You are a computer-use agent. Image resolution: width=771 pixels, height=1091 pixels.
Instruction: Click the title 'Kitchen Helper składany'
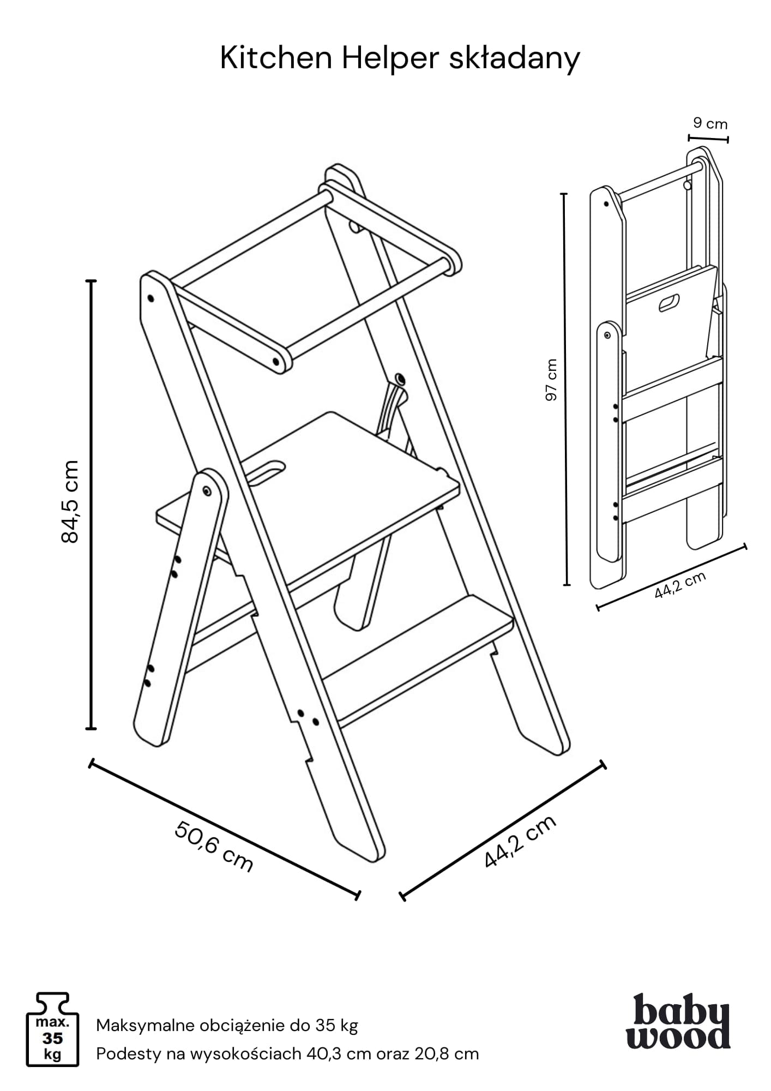(x=400, y=59)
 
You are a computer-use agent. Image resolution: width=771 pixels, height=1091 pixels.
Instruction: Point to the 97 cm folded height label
(x=552, y=380)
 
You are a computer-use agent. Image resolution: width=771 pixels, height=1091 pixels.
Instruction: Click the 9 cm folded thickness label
(x=710, y=123)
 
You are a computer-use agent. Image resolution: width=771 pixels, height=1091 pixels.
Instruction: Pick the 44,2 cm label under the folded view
(x=680, y=585)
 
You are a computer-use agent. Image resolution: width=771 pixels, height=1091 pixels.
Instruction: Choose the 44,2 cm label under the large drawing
(x=520, y=841)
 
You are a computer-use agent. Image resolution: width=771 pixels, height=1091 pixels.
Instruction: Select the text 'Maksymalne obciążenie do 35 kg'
(x=227, y=1026)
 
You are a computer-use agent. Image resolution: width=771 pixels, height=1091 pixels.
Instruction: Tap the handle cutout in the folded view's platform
(x=669, y=303)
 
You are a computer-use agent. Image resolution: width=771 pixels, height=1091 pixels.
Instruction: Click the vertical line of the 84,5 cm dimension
(x=92, y=505)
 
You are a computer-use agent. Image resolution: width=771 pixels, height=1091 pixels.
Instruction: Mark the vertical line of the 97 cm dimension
(x=565, y=389)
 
